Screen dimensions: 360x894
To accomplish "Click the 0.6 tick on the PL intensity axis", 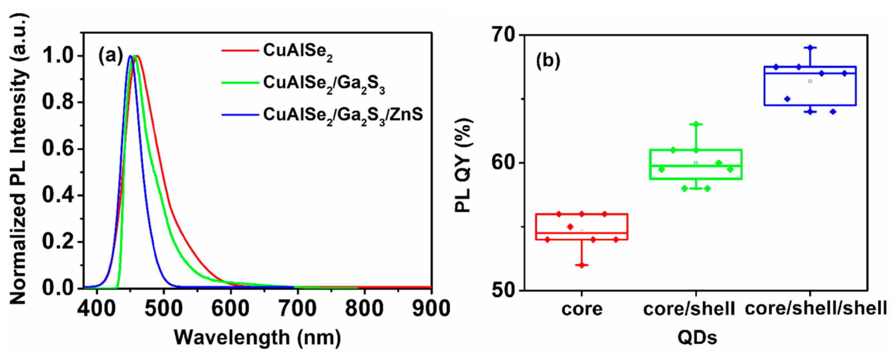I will point(57,149).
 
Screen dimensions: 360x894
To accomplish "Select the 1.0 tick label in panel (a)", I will point(57,56).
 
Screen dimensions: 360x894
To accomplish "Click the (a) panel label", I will point(111,55).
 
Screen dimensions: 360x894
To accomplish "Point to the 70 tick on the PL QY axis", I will point(503,35).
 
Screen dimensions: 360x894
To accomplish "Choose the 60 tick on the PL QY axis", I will point(503,163).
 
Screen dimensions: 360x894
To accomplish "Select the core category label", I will point(582,309).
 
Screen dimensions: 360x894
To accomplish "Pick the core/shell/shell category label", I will point(816,308).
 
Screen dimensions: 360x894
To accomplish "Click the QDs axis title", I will point(697,338).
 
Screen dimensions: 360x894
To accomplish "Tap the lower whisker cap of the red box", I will point(582,265).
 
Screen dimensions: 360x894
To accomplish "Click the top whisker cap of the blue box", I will point(810,47).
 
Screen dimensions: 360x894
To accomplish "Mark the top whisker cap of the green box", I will point(696,124).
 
